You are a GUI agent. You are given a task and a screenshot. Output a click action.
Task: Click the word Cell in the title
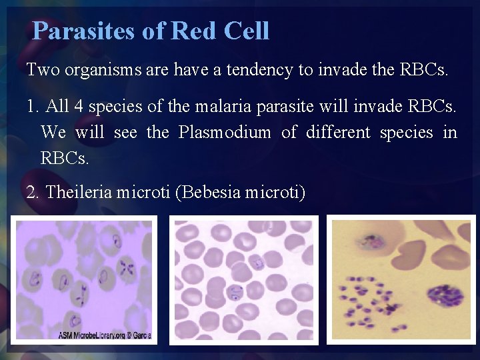tap(246, 31)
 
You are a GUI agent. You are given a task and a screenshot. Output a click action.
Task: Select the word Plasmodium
tap(225, 132)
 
